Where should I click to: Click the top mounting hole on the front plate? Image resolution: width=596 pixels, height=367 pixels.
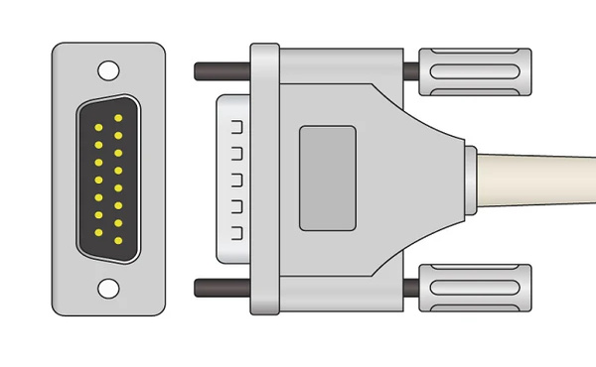[107, 70]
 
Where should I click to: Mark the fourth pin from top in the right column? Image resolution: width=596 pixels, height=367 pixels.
[118, 171]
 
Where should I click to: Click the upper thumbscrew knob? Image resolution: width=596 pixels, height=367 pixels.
[475, 72]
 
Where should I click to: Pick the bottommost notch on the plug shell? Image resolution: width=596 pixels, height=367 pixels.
[237, 233]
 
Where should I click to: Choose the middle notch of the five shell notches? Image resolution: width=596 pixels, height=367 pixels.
[237, 181]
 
